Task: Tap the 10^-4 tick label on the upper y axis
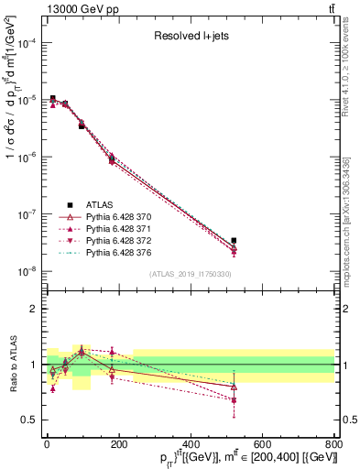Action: coord(26,43)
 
